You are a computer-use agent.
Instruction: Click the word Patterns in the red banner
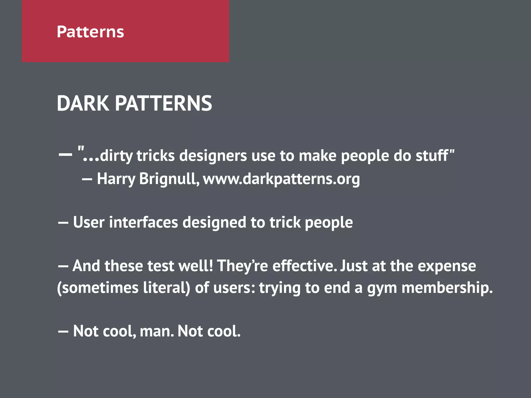(90, 32)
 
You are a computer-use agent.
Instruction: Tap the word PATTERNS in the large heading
(163, 103)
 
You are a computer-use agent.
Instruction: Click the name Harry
(116, 179)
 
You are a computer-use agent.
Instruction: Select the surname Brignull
(169, 179)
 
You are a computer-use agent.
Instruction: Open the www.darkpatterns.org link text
(281, 179)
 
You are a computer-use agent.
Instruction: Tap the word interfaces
(143, 223)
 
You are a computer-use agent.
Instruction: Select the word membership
(446, 288)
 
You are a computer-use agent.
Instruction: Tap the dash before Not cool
(63, 331)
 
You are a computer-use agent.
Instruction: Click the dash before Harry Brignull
(87, 179)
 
